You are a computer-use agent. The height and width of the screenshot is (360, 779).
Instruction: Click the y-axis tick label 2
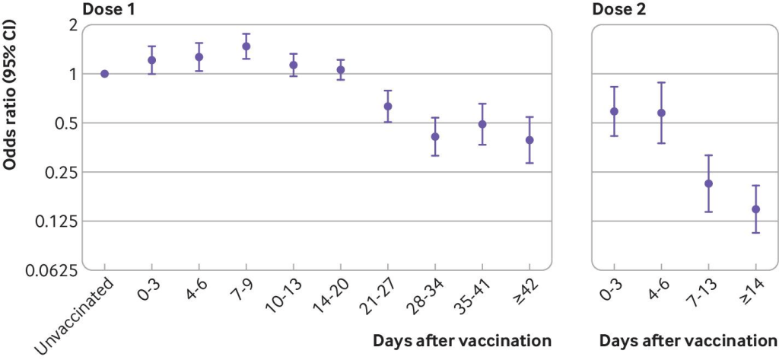73,25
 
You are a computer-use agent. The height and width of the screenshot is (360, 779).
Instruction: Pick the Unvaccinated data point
104,74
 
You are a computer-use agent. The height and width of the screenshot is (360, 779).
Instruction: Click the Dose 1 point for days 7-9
246,46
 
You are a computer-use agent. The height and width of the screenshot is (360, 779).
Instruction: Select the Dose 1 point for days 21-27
388,106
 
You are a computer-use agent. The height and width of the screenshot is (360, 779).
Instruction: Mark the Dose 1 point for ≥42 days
529,140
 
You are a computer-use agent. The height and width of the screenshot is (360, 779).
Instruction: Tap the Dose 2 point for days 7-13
708,183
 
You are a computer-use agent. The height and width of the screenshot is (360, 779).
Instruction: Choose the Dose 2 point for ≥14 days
755,209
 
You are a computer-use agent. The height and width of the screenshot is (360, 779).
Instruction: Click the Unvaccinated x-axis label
76,314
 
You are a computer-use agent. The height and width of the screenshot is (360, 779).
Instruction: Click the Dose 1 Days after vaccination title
462,339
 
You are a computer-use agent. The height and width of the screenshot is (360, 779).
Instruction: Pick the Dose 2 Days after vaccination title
688,339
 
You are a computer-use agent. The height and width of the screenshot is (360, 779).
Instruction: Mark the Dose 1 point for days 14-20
341,70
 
